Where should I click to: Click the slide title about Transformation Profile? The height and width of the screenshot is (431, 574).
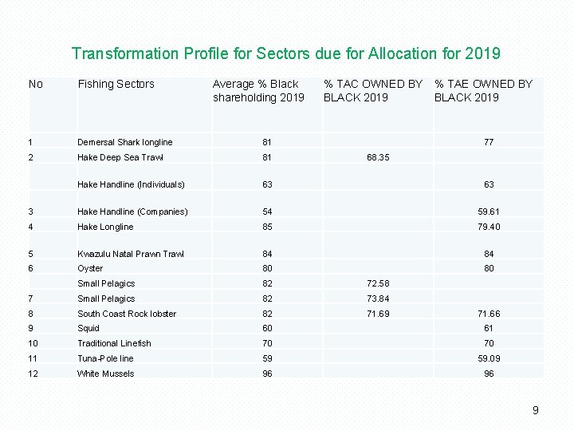pos(286,53)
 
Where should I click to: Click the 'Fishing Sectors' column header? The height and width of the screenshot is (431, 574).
pos(116,84)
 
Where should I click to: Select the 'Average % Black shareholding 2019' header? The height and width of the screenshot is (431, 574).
pos(258,90)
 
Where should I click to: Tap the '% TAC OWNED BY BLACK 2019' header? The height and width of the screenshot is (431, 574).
pos(372,90)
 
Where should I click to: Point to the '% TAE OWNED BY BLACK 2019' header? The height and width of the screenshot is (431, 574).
pos(483,90)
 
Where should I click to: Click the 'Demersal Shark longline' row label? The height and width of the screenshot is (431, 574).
pos(124,142)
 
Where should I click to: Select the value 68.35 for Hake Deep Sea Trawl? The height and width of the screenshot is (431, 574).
pos(378,158)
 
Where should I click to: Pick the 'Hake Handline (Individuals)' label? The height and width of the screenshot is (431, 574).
pos(131,184)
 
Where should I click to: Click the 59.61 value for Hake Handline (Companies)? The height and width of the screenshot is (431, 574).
pos(489,212)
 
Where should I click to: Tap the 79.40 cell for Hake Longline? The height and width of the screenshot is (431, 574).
pos(489,227)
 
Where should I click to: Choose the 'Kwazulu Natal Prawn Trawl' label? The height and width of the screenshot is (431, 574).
pos(131,254)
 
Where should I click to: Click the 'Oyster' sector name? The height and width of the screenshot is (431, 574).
pos(90,269)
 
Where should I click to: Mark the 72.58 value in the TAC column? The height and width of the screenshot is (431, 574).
pos(378,284)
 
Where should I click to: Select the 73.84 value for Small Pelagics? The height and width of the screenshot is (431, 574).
pos(378,299)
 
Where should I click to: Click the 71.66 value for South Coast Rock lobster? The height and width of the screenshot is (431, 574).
pos(489,314)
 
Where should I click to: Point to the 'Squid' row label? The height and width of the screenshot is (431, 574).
pos(88,328)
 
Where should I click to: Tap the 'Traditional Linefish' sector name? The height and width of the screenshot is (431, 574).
pos(114,343)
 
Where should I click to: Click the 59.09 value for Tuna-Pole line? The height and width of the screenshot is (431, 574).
pos(489,358)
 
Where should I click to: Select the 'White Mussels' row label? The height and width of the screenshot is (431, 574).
pos(105,374)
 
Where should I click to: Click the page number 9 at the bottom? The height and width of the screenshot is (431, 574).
pos(536,410)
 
